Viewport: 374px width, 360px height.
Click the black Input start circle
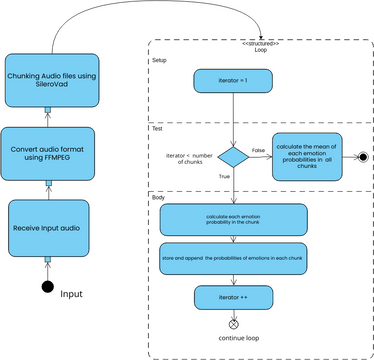[x=47, y=288]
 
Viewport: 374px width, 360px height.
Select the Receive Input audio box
[x=47, y=227]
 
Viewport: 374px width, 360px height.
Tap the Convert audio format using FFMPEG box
[x=47, y=152]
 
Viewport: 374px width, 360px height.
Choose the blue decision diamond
[x=233, y=157]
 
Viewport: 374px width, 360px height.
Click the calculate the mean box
[x=307, y=157]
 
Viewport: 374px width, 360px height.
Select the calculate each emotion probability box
[x=232, y=219]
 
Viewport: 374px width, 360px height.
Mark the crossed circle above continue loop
[x=233, y=324]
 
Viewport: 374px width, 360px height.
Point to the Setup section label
[x=159, y=60]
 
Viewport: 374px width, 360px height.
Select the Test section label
[x=157, y=129]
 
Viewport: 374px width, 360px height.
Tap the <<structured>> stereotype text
[x=261, y=43]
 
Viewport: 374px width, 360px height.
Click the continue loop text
[x=238, y=340]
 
